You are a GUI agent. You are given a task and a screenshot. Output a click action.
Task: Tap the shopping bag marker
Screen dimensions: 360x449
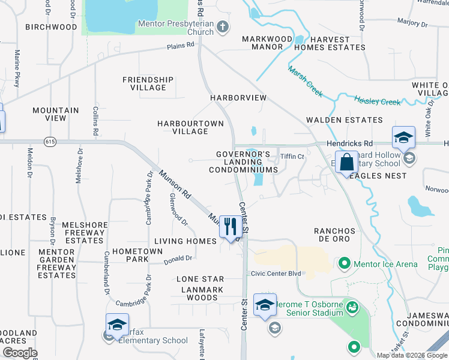pyautogui.click(x=347, y=162)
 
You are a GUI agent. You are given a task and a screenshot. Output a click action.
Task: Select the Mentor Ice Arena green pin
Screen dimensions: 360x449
pyautogui.click(x=345, y=263)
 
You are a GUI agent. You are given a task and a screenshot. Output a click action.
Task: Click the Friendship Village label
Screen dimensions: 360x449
pyautogui.click(x=148, y=83)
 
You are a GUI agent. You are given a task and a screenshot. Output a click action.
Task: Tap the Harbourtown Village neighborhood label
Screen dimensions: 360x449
pyautogui.click(x=190, y=127)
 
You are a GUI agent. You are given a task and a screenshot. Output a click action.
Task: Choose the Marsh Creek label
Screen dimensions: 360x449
pyautogui.click(x=305, y=82)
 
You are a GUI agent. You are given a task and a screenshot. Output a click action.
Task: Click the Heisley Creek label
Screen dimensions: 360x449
pyautogui.click(x=377, y=100)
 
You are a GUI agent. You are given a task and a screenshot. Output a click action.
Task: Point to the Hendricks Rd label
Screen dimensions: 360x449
pyautogui.click(x=349, y=144)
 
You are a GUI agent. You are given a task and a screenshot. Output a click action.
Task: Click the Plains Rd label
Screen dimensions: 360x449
pyautogui.click(x=181, y=45)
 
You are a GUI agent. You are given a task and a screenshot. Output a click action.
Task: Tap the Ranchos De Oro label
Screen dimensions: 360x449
pyautogui.click(x=334, y=235)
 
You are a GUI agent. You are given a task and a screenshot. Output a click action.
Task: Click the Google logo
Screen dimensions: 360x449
pyautogui.click(x=20, y=353)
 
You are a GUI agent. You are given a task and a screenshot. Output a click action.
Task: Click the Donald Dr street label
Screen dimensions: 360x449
pyautogui.click(x=179, y=259)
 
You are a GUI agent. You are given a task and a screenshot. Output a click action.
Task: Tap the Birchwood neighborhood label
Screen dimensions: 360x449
pyautogui.click(x=51, y=27)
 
